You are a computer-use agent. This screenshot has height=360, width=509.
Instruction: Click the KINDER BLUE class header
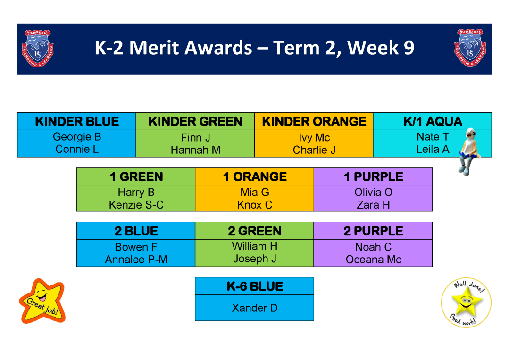(77, 121)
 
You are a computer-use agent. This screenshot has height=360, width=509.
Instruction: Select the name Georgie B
(77, 137)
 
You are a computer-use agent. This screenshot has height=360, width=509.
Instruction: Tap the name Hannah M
(195, 150)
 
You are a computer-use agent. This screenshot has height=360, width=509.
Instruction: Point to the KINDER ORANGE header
(314, 121)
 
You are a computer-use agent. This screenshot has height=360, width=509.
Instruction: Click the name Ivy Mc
(314, 138)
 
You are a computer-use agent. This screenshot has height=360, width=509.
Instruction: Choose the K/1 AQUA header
(433, 121)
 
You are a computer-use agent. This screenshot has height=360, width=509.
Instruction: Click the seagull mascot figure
(469, 151)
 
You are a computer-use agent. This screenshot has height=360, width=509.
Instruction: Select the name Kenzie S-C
(136, 205)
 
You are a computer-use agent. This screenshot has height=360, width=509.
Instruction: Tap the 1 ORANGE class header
(255, 177)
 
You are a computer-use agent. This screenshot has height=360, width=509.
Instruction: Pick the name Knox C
(255, 205)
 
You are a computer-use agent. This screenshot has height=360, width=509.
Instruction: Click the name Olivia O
(373, 192)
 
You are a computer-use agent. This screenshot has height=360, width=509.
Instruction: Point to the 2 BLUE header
(136, 231)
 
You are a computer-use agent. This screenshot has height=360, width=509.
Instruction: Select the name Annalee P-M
(136, 260)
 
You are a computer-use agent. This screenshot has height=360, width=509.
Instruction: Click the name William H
(255, 246)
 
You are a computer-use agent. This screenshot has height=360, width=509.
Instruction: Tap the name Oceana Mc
(373, 260)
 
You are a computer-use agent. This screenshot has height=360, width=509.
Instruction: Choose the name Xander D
(255, 308)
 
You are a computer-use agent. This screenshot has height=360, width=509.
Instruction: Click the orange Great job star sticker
(42, 301)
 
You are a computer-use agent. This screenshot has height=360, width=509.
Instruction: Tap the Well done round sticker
(466, 302)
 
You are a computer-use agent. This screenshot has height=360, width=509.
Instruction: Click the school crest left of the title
(38, 49)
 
